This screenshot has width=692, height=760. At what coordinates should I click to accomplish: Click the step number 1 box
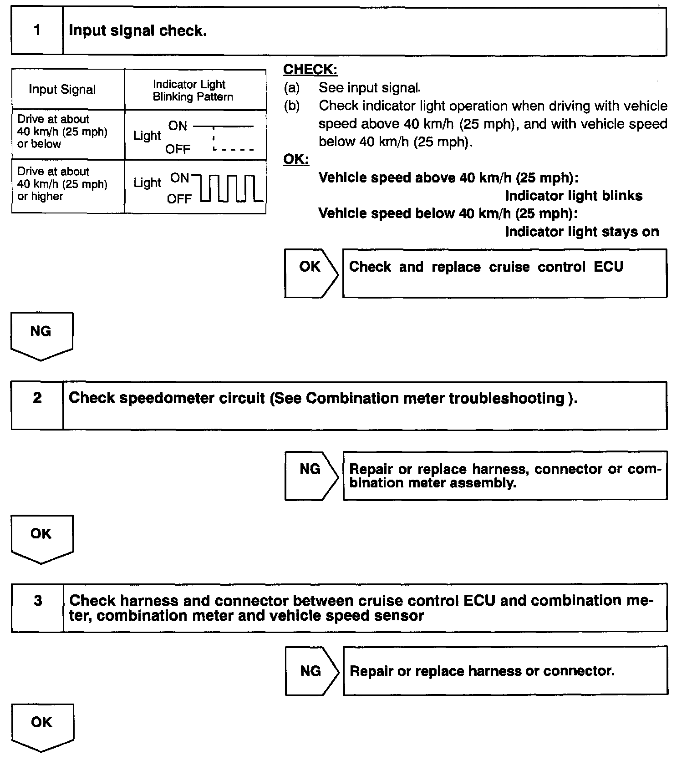coord(37,31)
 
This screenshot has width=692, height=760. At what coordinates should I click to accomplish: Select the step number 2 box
coord(37,405)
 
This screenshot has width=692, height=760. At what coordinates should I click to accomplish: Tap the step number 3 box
coord(38,607)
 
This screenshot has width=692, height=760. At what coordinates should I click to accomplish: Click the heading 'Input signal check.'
coord(137,31)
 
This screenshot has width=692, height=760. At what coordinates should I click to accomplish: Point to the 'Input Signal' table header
coord(62,90)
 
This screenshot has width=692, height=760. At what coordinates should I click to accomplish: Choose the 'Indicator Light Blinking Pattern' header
coord(193,91)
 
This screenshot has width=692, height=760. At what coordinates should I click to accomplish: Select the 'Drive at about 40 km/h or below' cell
coord(62,132)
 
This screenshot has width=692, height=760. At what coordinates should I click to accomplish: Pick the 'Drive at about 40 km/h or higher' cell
coord(62,184)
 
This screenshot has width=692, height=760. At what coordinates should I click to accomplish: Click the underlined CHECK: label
coord(310,70)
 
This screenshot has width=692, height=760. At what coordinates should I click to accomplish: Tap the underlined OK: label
coord(296,160)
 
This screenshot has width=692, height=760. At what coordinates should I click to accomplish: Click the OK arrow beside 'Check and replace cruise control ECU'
coord(311,273)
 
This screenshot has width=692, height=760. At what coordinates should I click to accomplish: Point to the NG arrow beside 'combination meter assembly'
coord(311,476)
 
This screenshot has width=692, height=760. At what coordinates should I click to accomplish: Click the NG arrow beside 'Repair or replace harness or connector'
coord(312,670)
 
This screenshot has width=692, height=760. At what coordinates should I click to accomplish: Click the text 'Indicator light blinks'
coord(574,196)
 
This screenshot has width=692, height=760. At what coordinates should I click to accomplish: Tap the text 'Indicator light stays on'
coord(582,232)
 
